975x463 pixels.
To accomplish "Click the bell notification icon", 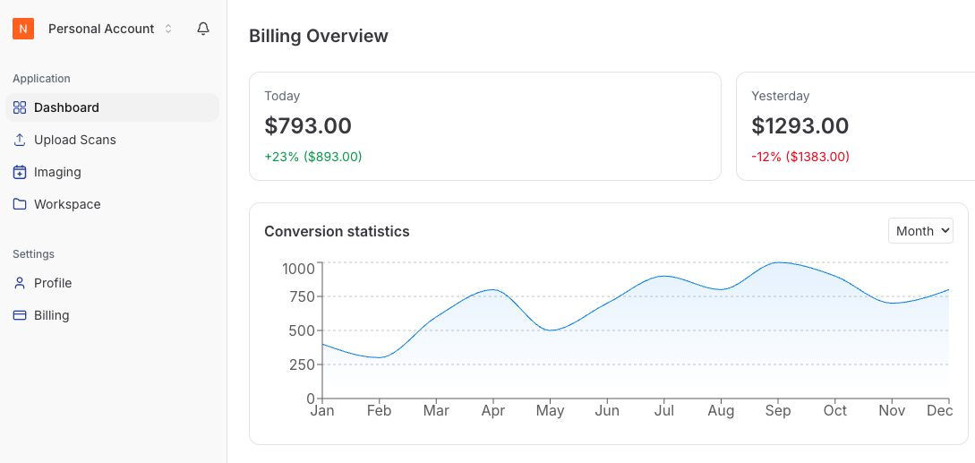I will click(x=203, y=29).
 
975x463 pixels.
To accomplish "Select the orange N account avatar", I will click(x=23, y=29).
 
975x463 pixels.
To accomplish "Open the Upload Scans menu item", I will click(x=75, y=140).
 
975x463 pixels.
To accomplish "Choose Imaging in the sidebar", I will click(x=57, y=172).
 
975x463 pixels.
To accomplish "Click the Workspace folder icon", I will click(x=20, y=204).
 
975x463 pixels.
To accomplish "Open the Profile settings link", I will click(x=53, y=283).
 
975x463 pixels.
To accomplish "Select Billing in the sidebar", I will click(x=51, y=315).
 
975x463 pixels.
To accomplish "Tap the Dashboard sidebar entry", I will click(x=66, y=107).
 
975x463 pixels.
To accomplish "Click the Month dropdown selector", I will click(x=920, y=231).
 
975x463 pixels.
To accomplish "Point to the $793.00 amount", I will click(x=308, y=126).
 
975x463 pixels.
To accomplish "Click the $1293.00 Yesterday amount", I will click(x=800, y=126).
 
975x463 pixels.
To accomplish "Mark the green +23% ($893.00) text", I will click(x=312, y=157).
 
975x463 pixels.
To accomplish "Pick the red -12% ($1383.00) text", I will click(x=800, y=157).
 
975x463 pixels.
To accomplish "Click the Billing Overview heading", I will click(x=318, y=37).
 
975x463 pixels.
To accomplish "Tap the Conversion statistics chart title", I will click(x=337, y=231).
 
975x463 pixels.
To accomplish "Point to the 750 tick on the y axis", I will click(x=298, y=296).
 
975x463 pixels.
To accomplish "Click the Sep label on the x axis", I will click(x=778, y=411).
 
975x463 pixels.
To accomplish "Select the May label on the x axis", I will click(x=550, y=411).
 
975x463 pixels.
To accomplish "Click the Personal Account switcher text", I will click(x=101, y=29).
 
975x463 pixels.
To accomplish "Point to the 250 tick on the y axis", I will click(x=298, y=364).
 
